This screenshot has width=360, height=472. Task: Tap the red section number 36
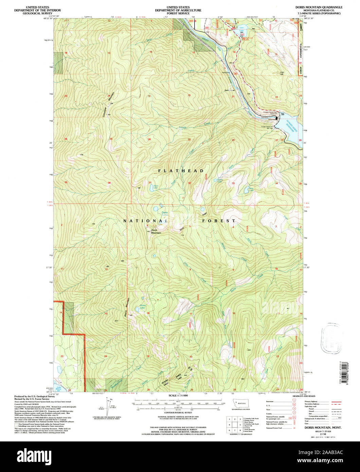(x=109, y=183)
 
